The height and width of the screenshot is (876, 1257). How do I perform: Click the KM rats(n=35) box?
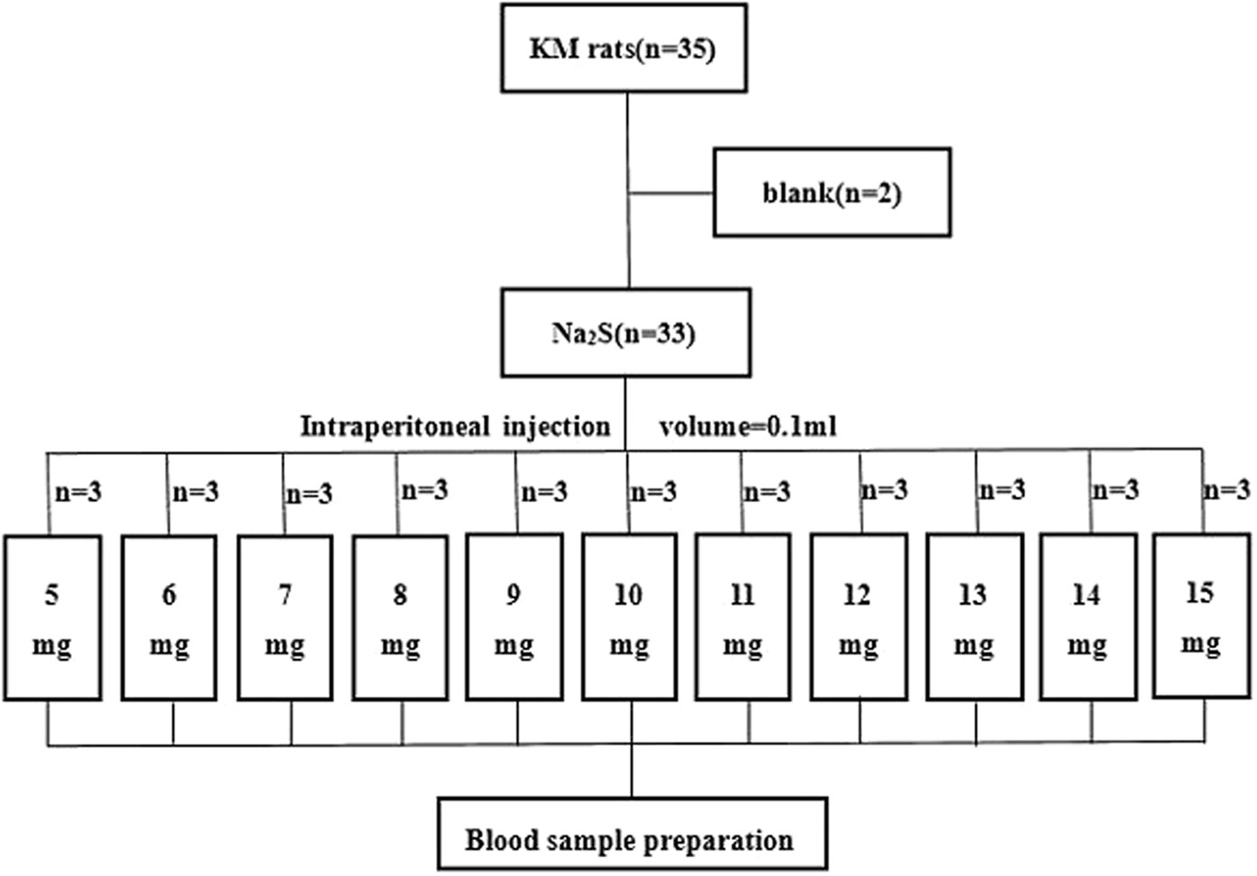pyautogui.click(x=624, y=48)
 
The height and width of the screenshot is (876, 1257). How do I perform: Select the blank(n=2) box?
pyautogui.click(x=832, y=193)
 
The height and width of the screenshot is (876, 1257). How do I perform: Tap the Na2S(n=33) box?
pyautogui.click(x=625, y=333)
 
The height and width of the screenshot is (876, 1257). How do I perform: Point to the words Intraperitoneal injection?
pyautogui.click(x=455, y=425)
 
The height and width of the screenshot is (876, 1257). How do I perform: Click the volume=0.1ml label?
pyautogui.click(x=747, y=425)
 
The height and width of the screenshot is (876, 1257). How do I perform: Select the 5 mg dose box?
pyautogui.click(x=52, y=618)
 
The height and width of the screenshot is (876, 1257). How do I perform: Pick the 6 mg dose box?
pyautogui.click(x=169, y=618)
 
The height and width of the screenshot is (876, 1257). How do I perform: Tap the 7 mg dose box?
pyautogui.click(x=285, y=618)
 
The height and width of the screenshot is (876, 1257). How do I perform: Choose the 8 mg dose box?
pyautogui.click(x=400, y=618)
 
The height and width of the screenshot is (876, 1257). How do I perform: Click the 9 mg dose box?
pyautogui.click(x=515, y=618)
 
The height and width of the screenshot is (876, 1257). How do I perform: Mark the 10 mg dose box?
pyautogui.click(x=629, y=618)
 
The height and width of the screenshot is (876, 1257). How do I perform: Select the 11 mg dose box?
pyautogui.click(x=742, y=618)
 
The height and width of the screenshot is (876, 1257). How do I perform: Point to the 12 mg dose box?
pyautogui.click(x=858, y=618)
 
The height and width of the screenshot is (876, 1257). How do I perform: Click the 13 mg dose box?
pyautogui.click(x=974, y=618)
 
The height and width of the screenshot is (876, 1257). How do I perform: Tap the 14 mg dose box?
pyautogui.click(x=1088, y=618)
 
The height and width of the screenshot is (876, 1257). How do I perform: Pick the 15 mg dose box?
pyautogui.click(x=1201, y=616)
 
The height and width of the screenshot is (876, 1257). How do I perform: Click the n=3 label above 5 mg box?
pyautogui.click(x=78, y=492)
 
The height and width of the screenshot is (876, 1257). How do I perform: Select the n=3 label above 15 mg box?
pyautogui.click(x=1226, y=489)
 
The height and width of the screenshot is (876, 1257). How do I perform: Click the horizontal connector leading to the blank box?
pyautogui.click(x=671, y=193)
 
